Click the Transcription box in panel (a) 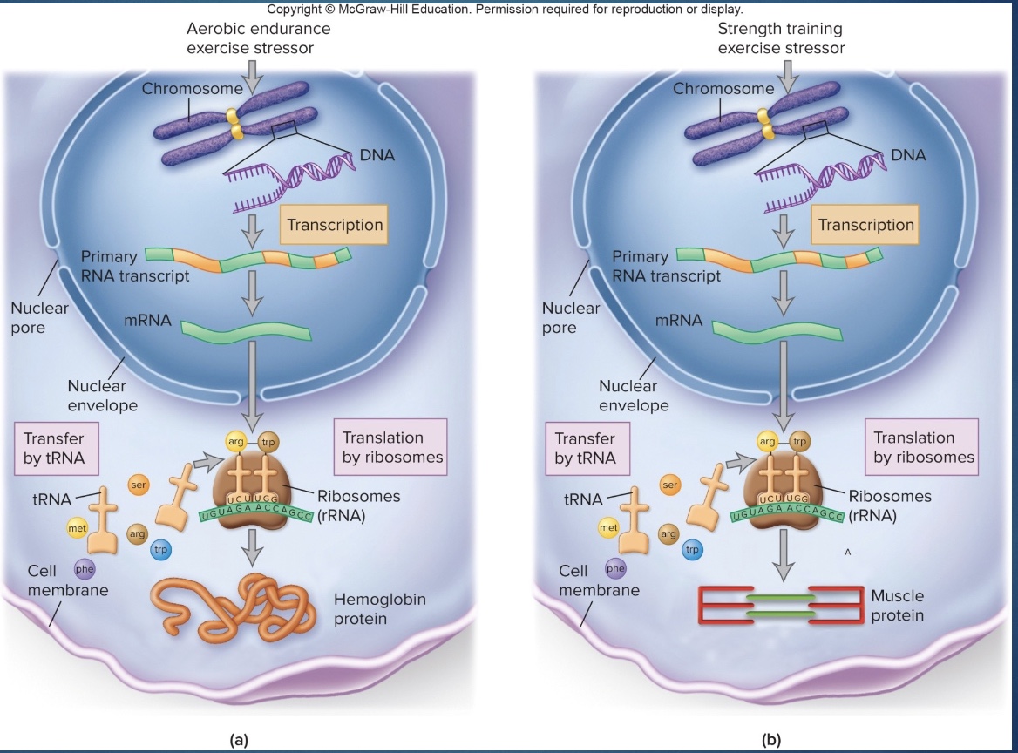pyautogui.click(x=336, y=225)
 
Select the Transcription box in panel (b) pyautogui.click(x=866, y=225)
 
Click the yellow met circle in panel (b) pyautogui.click(x=607, y=528)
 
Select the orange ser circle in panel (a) pyautogui.click(x=139, y=484)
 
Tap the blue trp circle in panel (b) pyautogui.click(x=692, y=550)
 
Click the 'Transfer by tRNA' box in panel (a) pyautogui.click(x=54, y=448)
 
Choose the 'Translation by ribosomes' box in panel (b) pyautogui.click(x=924, y=446)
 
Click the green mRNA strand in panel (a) pyautogui.click(x=246, y=330)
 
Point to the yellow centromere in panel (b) pyautogui.click(x=764, y=123)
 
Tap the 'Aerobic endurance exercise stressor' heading pyautogui.click(x=258, y=38)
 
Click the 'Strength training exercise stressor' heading pyautogui.click(x=780, y=38)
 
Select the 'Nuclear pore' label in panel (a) pyautogui.click(x=39, y=318)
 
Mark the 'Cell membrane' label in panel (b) pyautogui.click(x=599, y=580)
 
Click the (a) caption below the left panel pyautogui.click(x=239, y=740)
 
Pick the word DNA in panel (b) pyautogui.click(x=908, y=155)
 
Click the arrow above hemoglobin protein pyautogui.click(x=252, y=546)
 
